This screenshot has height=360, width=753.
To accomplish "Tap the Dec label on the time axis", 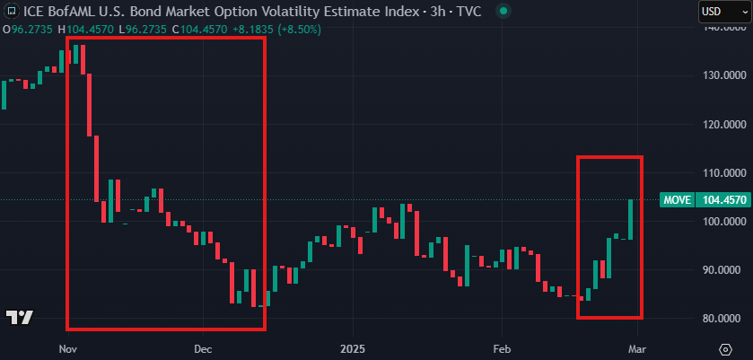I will click(x=203, y=347).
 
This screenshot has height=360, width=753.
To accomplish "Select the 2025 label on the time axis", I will click(x=353, y=347).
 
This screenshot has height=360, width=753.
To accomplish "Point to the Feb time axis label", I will click(x=501, y=347).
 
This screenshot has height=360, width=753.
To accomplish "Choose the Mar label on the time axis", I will click(x=637, y=347).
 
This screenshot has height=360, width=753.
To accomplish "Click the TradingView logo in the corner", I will click(x=19, y=317).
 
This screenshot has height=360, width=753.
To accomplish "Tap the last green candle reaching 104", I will click(x=632, y=220).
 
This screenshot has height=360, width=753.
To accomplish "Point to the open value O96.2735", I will click(x=29, y=30).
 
